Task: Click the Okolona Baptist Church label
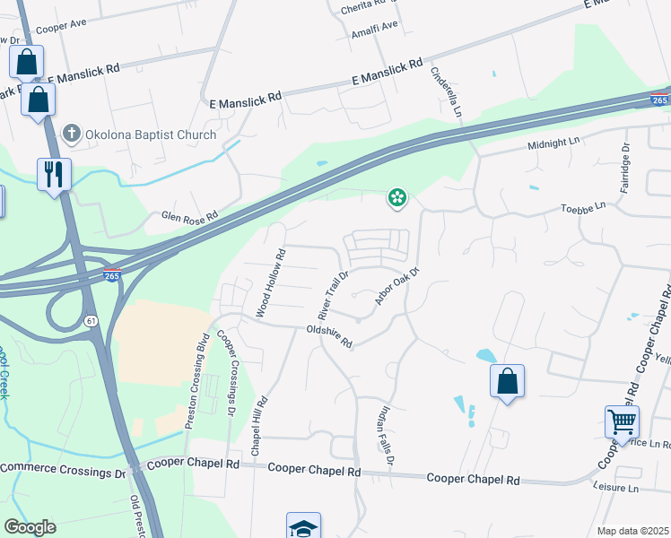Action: tap(150, 134)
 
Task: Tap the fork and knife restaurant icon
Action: tap(53, 173)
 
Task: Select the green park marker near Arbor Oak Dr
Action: tap(396, 197)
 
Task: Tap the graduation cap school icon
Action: tap(303, 526)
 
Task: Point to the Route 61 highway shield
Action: tap(91, 320)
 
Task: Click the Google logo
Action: tap(30, 527)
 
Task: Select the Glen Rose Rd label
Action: tap(189, 216)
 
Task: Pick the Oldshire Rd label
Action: tap(329, 336)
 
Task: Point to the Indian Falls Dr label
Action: tap(384, 435)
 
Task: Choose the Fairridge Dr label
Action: tap(626, 169)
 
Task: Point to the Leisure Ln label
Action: tap(615, 489)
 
